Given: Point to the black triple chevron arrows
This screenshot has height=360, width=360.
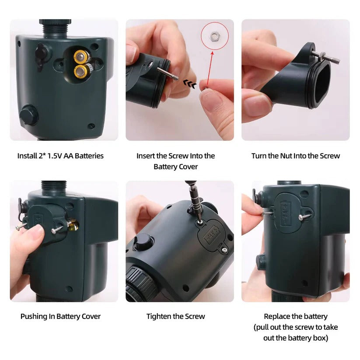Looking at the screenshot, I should point(189,84).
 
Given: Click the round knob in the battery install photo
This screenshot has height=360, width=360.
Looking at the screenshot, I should point(28,115).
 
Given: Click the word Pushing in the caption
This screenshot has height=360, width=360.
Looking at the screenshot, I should point(34,316).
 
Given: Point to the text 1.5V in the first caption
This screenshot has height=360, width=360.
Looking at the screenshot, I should point(52,156).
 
